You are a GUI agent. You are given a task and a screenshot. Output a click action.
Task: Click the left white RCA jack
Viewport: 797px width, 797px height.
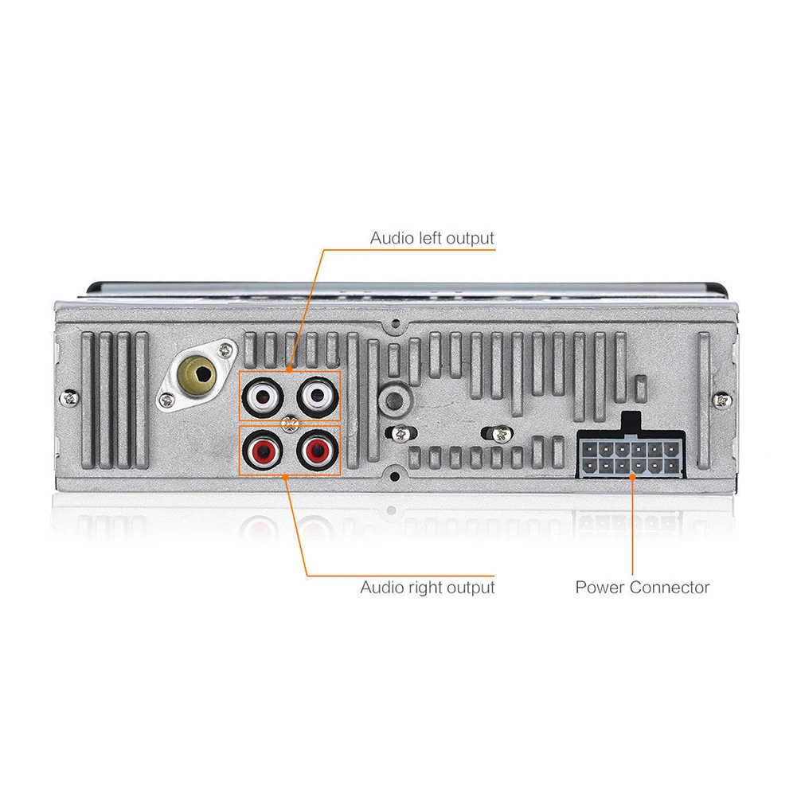(x=262, y=396)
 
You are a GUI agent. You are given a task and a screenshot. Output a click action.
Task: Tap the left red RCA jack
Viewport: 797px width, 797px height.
(x=262, y=449)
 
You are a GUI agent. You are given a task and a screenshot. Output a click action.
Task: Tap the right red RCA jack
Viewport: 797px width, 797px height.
(x=318, y=449)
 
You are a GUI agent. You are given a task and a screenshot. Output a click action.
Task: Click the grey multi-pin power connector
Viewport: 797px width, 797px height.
(x=631, y=454)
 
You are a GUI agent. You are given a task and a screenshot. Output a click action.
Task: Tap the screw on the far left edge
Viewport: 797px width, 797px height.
(x=70, y=397)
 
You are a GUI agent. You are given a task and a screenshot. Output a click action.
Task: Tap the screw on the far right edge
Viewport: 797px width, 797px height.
(x=722, y=400)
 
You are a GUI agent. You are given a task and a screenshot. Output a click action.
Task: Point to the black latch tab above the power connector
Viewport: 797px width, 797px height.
(x=631, y=423)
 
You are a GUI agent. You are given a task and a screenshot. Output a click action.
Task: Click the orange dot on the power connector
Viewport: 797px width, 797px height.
(x=632, y=477)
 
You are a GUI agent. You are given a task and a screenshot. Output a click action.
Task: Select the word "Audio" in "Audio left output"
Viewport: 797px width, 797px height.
(x=392, y=238)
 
